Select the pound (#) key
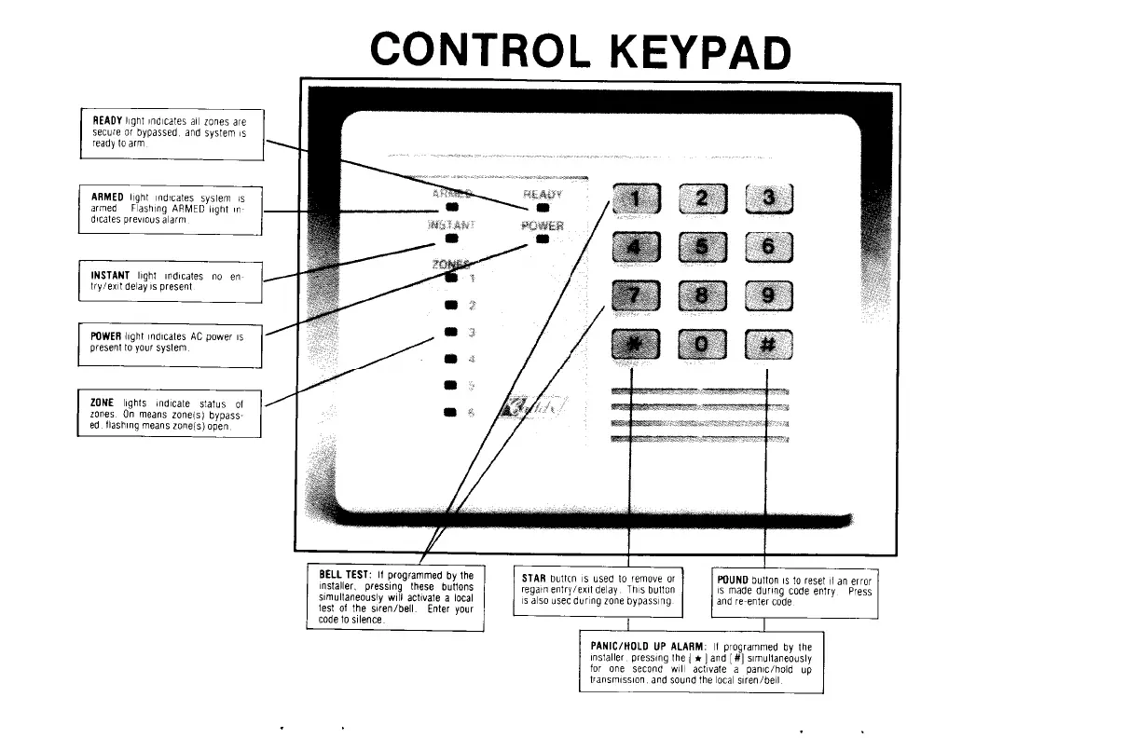click(767, 345)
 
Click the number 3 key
click(767, 198)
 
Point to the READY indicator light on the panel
click(542, 209)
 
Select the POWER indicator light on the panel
click(542, 239)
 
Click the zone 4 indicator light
click(451, 358)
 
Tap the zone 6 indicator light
click(451, 411)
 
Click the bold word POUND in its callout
click(733, 580)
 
